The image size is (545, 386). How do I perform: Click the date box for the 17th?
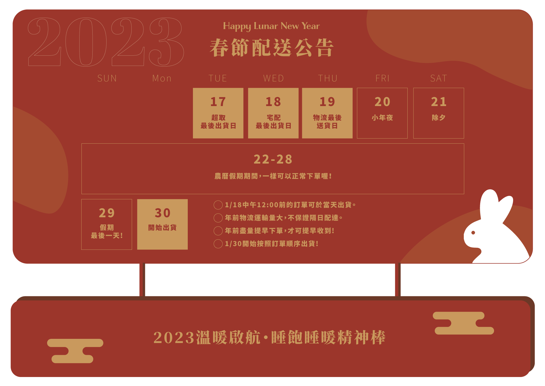point(218,113)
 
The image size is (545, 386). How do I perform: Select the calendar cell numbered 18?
point(273,113)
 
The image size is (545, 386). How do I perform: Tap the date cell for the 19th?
point(327,113)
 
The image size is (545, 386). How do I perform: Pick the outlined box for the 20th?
point(382,113)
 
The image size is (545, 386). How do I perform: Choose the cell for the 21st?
point(438,113)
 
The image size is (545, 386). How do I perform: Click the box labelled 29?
point(107,224)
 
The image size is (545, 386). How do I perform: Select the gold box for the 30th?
point(162,224)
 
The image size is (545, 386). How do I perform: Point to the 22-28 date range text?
point(273,159)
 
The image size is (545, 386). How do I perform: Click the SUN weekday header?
point(107,79)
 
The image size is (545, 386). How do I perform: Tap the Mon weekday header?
point(162,79)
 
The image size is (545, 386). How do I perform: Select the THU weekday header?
point(328,79)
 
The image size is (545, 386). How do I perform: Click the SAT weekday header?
point(438,79)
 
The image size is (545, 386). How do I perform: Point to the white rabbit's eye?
point(473,233)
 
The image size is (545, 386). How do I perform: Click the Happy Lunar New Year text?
point(271,26)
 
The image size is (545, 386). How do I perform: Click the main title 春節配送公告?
point(271,48)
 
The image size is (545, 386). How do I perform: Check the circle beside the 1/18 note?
point(218,205)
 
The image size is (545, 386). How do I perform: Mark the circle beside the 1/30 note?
point(218,244)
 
